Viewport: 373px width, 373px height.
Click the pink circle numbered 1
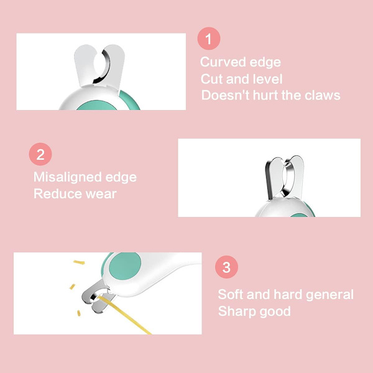[209, 39]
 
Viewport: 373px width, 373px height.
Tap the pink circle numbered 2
[40, 154]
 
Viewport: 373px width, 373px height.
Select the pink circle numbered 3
[226, 267]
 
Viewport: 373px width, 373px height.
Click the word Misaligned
[67, 178]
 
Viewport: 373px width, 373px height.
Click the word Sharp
[237, 312]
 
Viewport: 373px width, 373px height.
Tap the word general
[329, 295]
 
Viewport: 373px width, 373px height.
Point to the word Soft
[231, 294]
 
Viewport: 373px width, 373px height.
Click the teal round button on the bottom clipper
[125, 266]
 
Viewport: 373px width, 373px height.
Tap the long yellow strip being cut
[125, 315]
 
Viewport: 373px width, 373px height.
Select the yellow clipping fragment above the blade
[79, 262]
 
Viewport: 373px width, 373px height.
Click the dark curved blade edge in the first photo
[104, 67]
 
